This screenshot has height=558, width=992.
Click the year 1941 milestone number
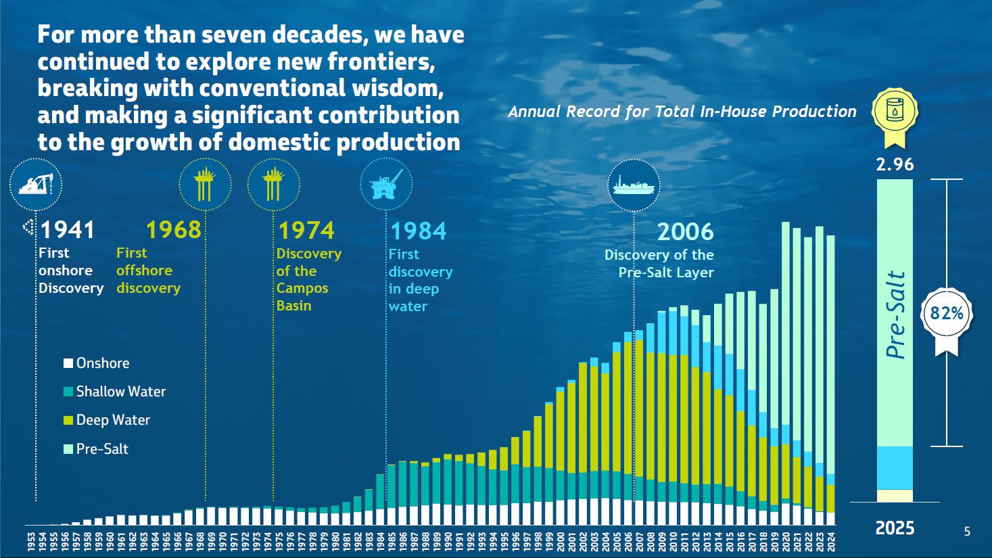click(68, 230)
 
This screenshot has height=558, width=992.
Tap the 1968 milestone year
click(174, 230)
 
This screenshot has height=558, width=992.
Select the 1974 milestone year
click(306, 230)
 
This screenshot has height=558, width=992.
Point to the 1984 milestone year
click(419, 231)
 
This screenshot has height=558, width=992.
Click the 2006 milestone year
click(686, 231)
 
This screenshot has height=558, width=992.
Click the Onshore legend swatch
click(68, 364)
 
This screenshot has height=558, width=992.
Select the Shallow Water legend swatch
click(68, 392)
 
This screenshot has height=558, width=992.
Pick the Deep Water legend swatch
click(68, 420)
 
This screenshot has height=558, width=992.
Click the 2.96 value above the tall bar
click(895, 164)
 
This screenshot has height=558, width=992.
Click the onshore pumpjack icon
click(36, 184)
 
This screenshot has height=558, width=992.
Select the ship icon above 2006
click(634, 185)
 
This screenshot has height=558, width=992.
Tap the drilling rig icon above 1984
click(386, 184)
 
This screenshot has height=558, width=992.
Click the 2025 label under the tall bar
click(895, 528)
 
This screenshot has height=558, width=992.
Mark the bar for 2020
click(786, 373)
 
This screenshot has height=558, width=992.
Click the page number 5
click(967, 532)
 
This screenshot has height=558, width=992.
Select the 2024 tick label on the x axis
click(831, 541)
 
